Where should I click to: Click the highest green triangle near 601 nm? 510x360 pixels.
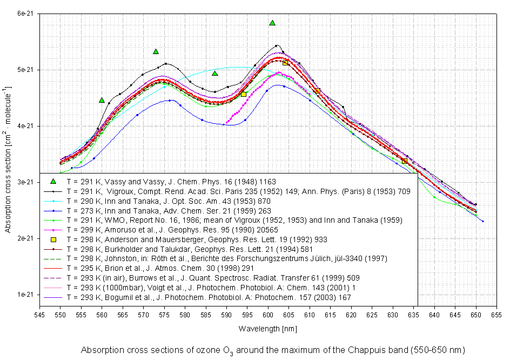pos(272,23)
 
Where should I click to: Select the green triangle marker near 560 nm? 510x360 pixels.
pos(102,100)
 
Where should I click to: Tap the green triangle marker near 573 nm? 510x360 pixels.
pos(156,51)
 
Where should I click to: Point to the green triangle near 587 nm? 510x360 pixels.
pos(214,74)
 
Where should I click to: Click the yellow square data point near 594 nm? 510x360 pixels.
pos(244,94)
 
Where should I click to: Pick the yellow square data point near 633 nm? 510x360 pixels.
pos(405,161)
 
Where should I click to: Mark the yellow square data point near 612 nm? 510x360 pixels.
pos(318,91)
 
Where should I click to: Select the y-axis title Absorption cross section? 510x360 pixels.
pos(8,157)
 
